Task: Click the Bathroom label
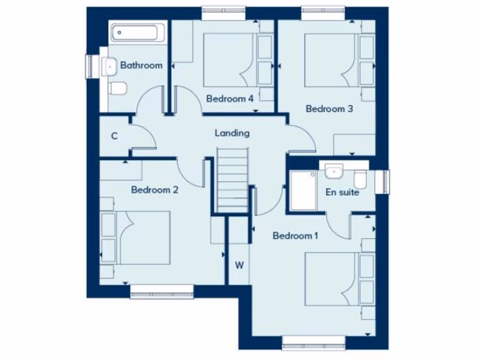(x=141, y=65)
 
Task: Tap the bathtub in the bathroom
(x=135, y=33)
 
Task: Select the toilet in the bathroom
(x=118, y=87)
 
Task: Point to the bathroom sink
(x=109, y=66)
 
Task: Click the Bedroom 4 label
(x=230, y=99)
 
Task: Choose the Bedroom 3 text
(x=329, y=109)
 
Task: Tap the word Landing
(x=232, y=133)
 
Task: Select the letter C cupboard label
(x=114, y=136)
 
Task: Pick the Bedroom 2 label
(x=155, y=190)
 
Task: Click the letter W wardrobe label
(x=239, y=265)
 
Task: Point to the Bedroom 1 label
(x=295, y=236)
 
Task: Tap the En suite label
(x=342, y=192)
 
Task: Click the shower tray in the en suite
(x=303, y=190)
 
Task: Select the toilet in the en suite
(x=360, y=180)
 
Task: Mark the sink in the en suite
(x=334, y=171)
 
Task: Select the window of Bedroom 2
(x=162, y=295)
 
